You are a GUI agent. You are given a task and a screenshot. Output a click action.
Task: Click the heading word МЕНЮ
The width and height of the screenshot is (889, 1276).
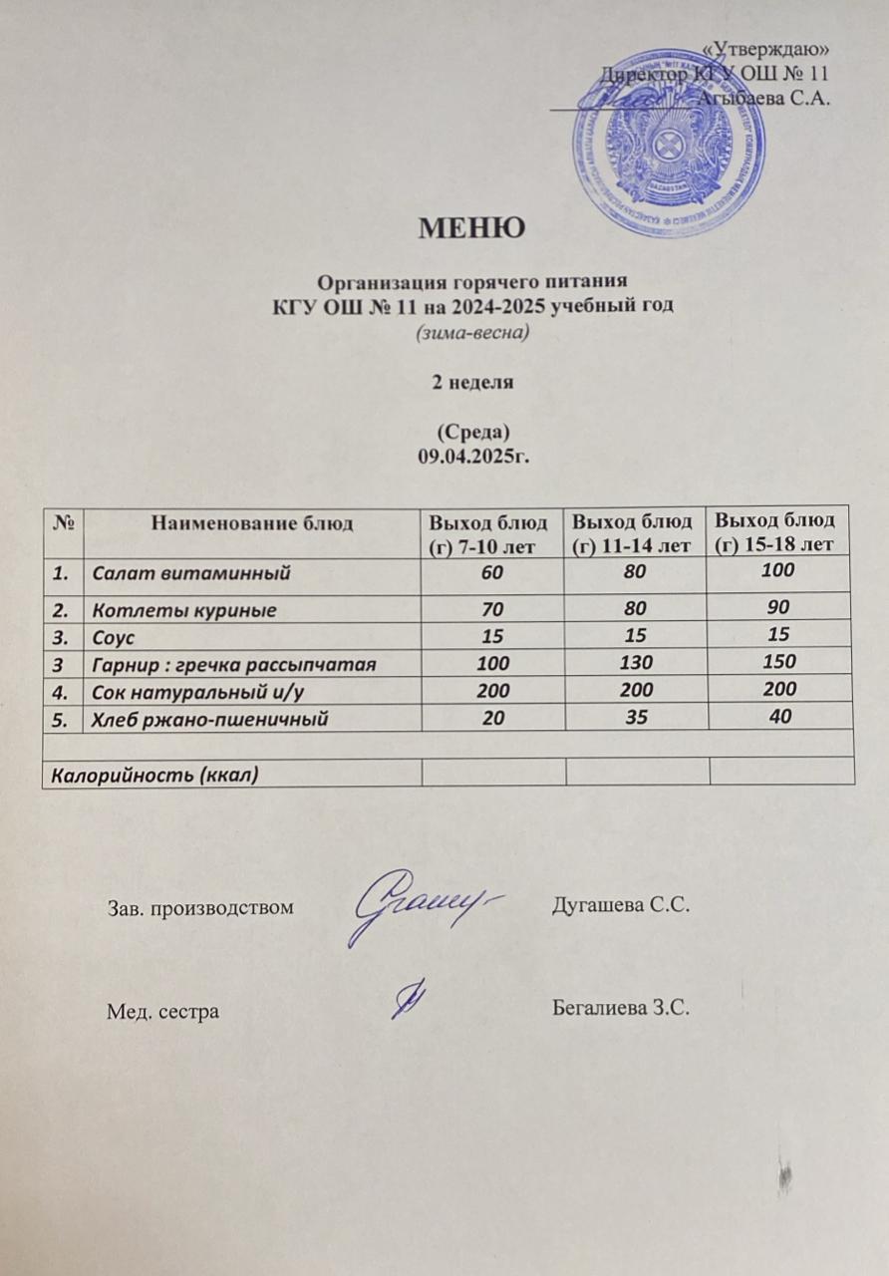pyautogui.click(x=471, y=229)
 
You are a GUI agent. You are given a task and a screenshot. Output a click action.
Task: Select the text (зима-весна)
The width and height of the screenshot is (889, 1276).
pyautogui.click(x=471, y=333)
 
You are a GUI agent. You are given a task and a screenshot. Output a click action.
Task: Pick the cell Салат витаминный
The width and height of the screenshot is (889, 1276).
pyautogui.click(x=190, y=573)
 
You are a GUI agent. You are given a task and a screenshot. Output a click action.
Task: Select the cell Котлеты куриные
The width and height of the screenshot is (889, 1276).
pyautogui.click(x=184, y=609)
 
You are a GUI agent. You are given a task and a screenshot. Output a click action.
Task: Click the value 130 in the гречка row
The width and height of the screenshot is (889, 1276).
pyautogui.click(x=634, y=662)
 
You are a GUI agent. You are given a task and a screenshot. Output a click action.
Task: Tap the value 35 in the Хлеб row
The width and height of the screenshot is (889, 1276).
pyautogui.click(x=634, y=716)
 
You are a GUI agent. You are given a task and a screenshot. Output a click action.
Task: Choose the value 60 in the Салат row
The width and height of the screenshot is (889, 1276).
pyautogui.click(x=492, y=571)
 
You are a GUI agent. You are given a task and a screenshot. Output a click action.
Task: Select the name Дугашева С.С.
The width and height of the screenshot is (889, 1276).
pyautogui.click(x=621, y=906)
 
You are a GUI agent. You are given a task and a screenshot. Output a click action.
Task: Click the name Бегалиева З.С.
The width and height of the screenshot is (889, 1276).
pyautogui.click(x=621, y=1008)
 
